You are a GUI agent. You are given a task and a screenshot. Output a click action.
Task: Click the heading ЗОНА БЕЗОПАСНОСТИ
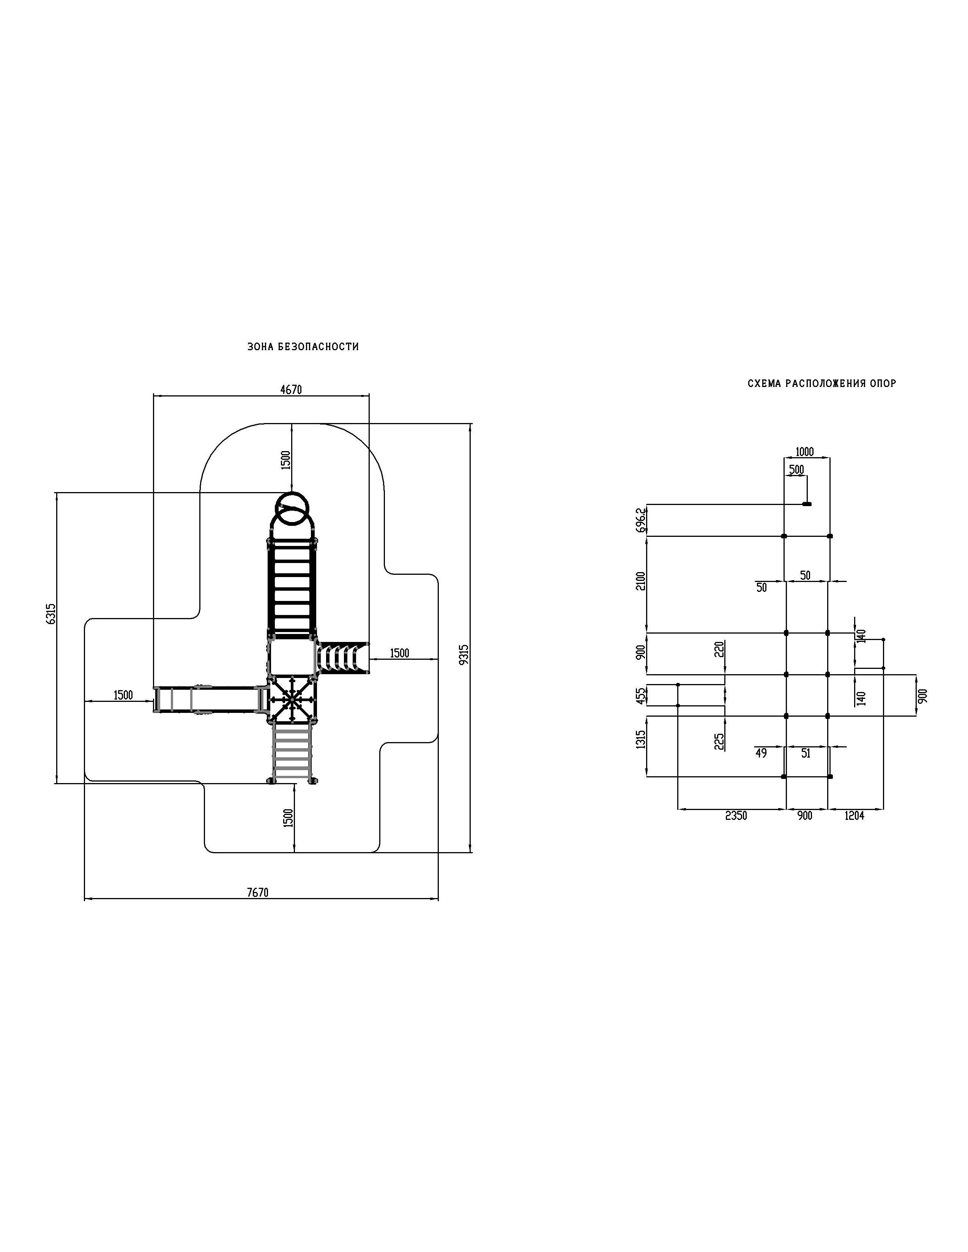303,347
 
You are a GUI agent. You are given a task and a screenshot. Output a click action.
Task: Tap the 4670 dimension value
291,390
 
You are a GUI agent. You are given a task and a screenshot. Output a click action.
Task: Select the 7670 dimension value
257,893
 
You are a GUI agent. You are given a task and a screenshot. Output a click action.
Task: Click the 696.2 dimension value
641,520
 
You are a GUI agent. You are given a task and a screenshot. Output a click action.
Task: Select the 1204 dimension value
854,816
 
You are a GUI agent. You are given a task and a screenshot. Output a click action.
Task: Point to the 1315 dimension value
641,739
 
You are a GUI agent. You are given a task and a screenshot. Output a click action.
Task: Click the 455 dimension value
641,695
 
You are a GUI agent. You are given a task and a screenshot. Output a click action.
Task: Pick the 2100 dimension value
641,581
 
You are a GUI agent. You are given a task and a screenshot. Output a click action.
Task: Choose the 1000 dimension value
804,452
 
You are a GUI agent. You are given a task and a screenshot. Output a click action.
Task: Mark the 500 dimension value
796,470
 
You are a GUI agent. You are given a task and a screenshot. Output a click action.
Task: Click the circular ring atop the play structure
292,508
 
